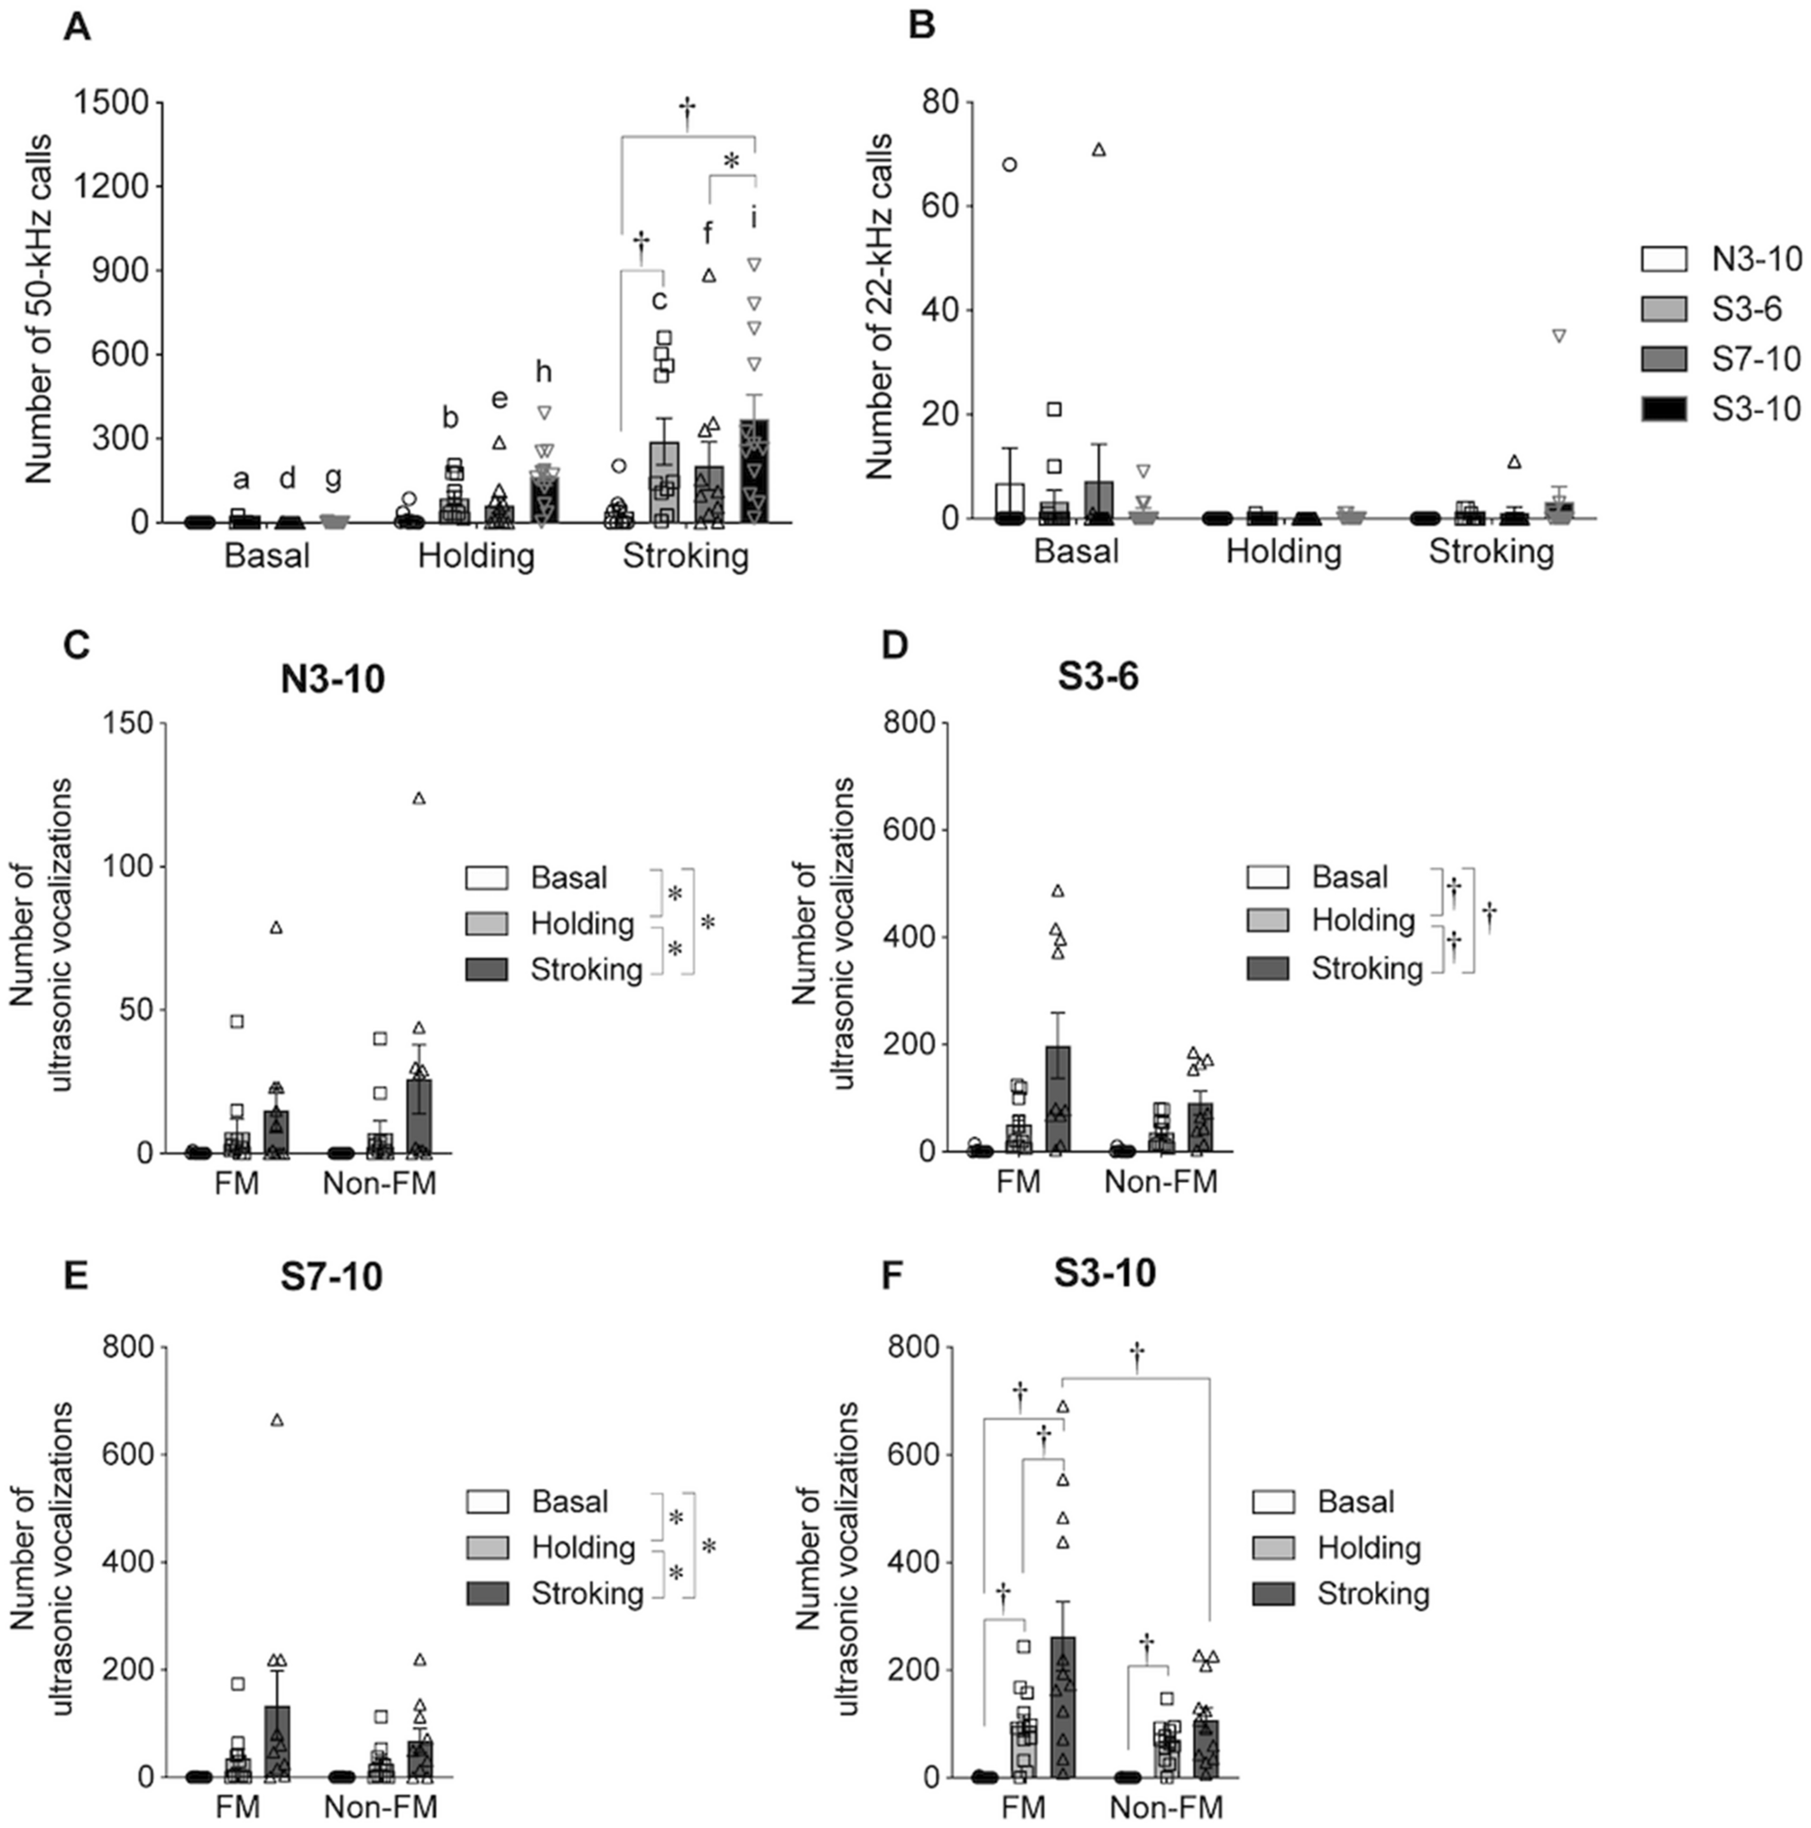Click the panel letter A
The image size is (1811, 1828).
tap(77, 27)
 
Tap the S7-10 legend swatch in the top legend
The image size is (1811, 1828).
tap(1662, 358)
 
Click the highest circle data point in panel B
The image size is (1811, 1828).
tap(1010, 164)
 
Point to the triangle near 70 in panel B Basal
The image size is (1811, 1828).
tap(1098, 150)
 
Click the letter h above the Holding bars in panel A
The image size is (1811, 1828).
tap(543, 372)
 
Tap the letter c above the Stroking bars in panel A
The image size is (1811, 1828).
tap(660, 300)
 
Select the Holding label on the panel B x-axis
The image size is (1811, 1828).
tap(1283, 551)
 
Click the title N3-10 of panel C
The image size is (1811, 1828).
tap(332, 679)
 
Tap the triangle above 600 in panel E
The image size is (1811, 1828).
tap(277, 1420)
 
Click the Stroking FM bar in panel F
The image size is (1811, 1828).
tap(1063, 1707)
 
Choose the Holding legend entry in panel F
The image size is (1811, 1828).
tap(1368, 1548)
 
